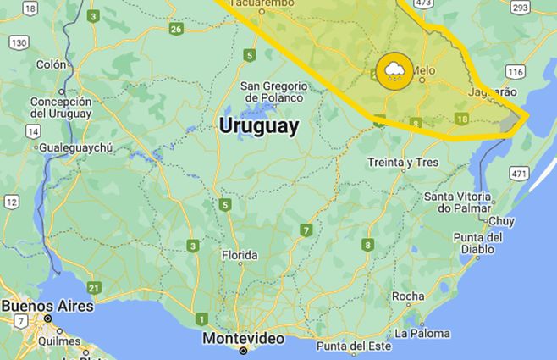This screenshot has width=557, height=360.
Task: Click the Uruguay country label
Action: click(258, 127)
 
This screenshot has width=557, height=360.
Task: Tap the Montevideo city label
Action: click(243, 338)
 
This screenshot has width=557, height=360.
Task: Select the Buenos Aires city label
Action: click(47, 306)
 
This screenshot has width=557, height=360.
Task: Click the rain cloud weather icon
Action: click(395, 70)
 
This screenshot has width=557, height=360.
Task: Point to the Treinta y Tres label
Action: click(402, 163)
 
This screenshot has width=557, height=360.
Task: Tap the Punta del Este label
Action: click(356, 346)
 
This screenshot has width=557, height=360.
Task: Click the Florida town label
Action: click(239, 256)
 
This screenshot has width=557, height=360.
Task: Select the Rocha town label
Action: click(408, 296)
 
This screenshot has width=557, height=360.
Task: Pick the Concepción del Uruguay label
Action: click(60, 108)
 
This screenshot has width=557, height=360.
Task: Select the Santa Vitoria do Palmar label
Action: click(457, 202)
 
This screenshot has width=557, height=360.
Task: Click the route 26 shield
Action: click(175, 30)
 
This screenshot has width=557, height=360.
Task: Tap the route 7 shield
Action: click(306, 230)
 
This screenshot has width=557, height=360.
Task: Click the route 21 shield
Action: click(93, 287)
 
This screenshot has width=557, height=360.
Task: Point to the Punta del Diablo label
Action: click(483, 243)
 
